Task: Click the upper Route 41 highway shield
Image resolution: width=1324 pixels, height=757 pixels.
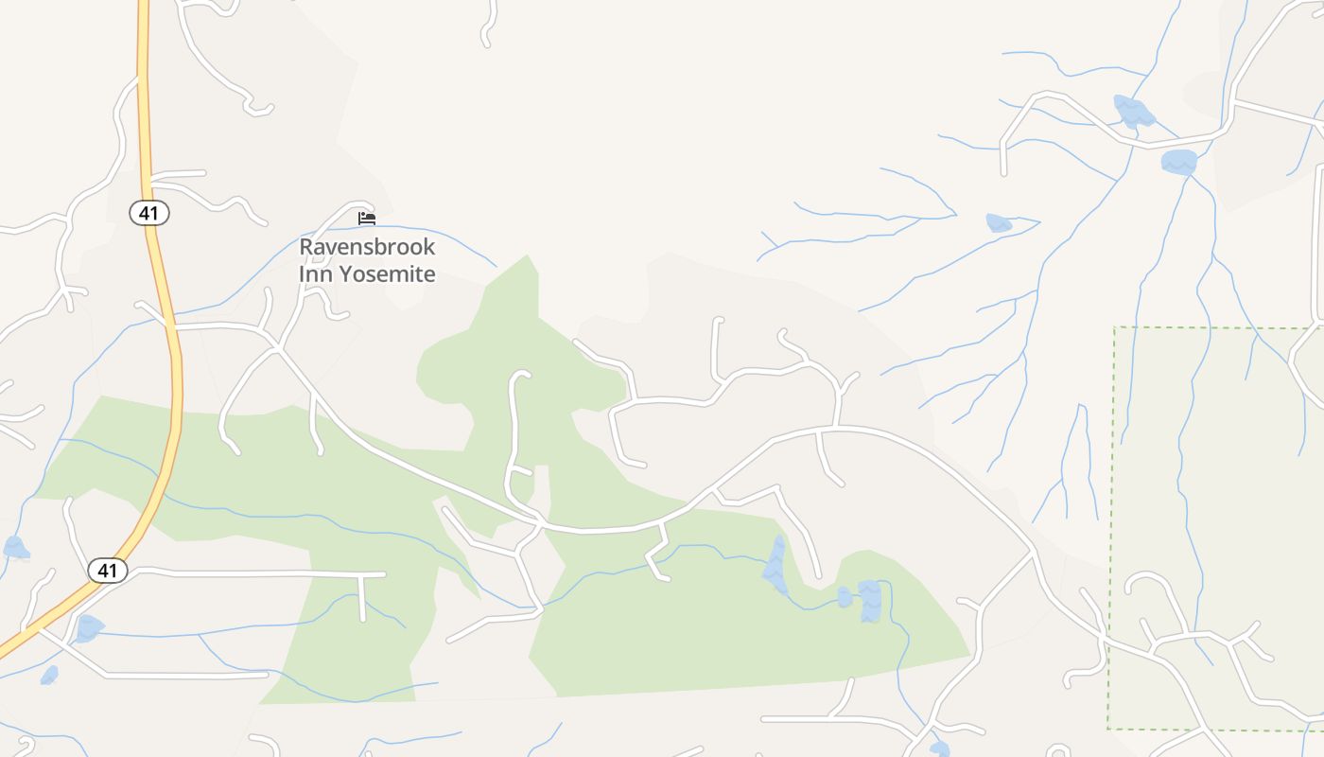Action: (x=148, y=214)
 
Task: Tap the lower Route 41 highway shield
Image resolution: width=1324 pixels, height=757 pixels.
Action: (x=108, y=571)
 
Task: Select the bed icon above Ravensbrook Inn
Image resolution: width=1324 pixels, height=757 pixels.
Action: (x=367, y=219)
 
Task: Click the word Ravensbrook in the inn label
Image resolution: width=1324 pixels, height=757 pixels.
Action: (x=367, y=247)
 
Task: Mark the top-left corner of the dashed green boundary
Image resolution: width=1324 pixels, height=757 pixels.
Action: (x=1114, y=327)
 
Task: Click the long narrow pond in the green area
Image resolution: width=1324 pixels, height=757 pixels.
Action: (x=776, y=566)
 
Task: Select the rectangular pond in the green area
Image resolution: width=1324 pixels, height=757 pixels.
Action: (x=870, y=601)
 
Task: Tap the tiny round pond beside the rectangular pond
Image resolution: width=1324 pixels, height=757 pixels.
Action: (x=845, y=597)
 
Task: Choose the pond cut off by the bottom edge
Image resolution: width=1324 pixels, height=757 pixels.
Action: (x=939, y=748)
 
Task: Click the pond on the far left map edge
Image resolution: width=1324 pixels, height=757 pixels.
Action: (x=15, y=548)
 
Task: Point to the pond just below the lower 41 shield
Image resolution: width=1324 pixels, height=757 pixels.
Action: (x=88, y=627)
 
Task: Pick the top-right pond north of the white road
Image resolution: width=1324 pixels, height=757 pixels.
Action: (x=1133, y=112)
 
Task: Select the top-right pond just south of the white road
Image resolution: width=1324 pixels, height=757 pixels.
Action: (x=1179, y=162)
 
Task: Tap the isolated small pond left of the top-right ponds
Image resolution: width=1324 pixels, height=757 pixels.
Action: (x=999, y=223)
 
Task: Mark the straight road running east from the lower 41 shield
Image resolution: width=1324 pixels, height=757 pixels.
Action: (x=265, y=574)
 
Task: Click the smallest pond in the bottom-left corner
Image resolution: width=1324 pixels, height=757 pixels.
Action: (x=49, y=675)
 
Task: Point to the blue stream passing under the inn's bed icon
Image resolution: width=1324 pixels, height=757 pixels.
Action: (x=435, y=231)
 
